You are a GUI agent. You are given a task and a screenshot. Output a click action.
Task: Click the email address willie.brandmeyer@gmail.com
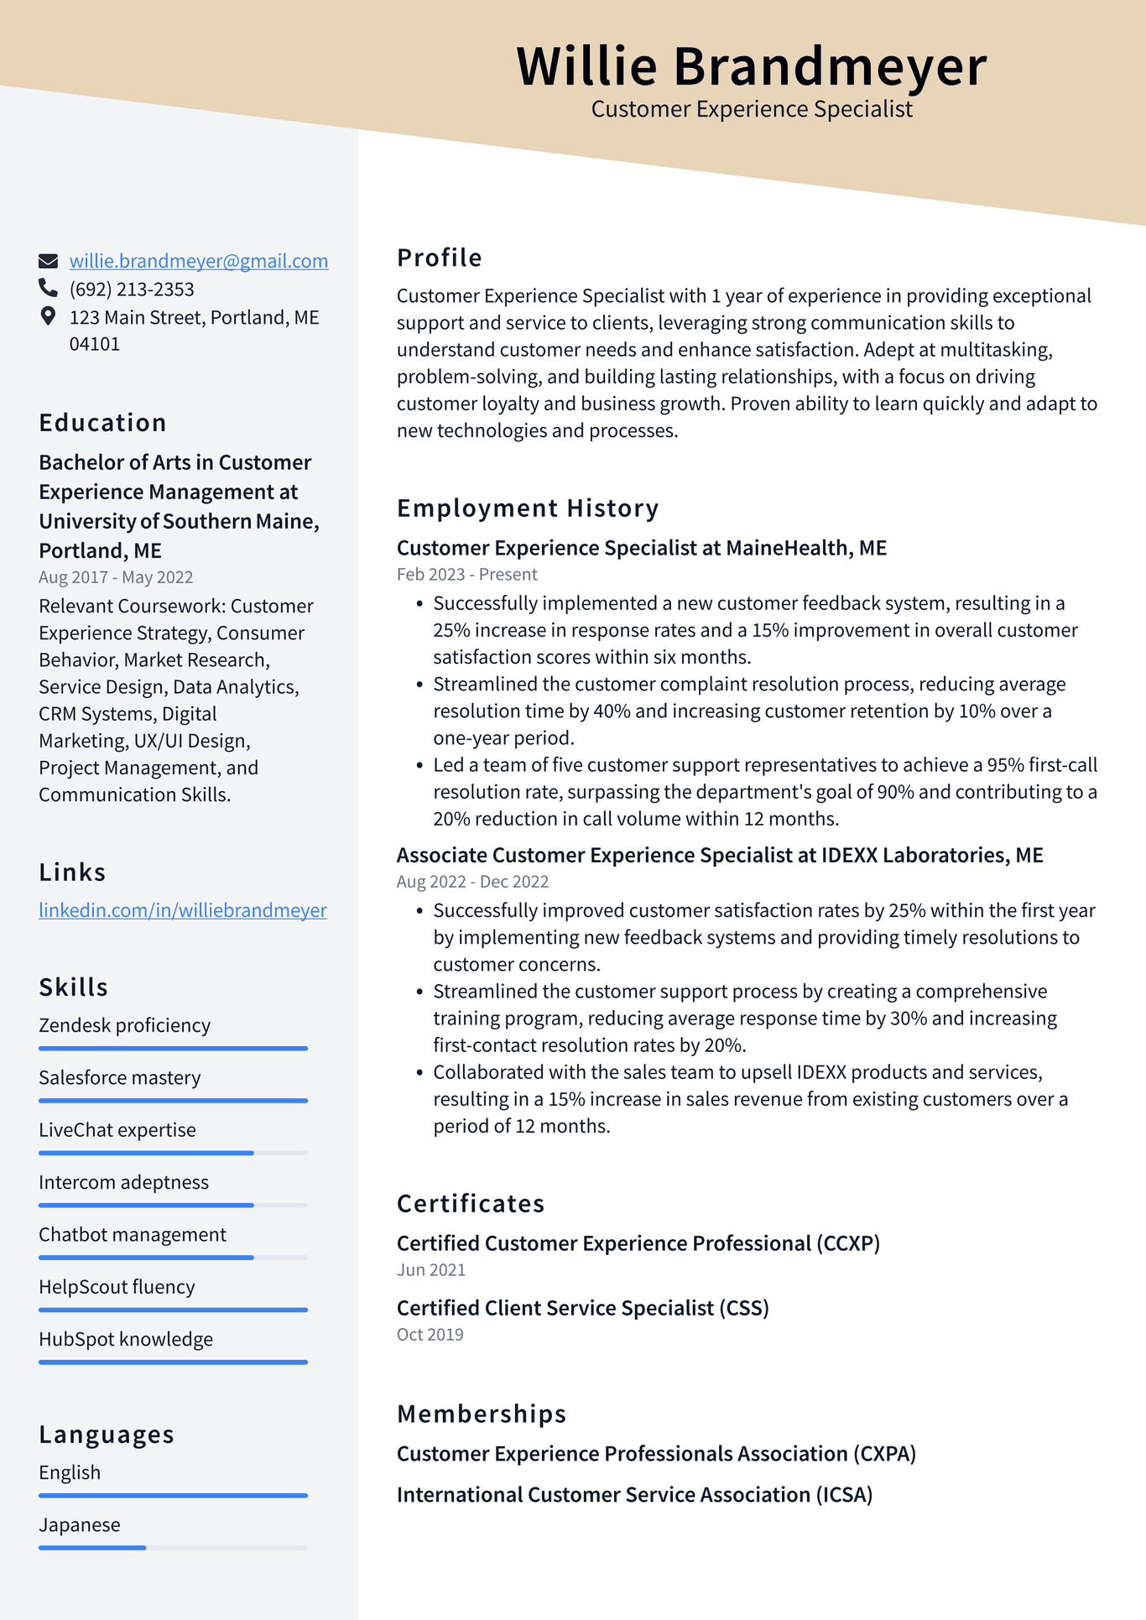click(x=198, y=261)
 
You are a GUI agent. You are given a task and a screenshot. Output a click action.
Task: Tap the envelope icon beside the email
click(x=48, y=261)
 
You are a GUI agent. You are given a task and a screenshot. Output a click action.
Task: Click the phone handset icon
click(x=48, y=289)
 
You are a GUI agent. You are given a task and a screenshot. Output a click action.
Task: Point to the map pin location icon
click(x=48, y=316)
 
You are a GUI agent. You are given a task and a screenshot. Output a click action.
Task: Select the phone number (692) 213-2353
click(x=132, y=289)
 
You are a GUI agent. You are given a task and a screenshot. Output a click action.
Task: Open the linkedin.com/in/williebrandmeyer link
click(x=182, y=910)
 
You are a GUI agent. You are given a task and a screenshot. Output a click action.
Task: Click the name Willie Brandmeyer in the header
click(x=751, y=66)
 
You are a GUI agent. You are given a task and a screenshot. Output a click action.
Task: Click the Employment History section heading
click(x=527, y=508)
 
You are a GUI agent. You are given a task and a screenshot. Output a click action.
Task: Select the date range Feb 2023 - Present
click(x=466, y=575)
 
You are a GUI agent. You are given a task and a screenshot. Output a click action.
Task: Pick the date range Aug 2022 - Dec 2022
click(x=472, y=882)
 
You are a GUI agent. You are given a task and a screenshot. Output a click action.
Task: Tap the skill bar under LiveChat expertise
click(x=173, y=1153)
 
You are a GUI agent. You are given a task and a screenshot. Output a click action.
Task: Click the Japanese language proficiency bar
click(x=173, y=1547)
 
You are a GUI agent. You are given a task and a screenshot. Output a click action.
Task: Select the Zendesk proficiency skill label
click(x=124, y=1025)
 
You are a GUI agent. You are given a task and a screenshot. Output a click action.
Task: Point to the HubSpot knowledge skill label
click(x=126, y=1339)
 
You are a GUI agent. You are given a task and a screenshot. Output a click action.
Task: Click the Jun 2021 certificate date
click(x=430, y=1270)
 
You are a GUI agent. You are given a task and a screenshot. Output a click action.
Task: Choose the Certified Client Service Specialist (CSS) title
click(x=582, y=1308)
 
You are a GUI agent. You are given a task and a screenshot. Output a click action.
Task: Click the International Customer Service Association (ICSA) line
click(x=634, y=1495)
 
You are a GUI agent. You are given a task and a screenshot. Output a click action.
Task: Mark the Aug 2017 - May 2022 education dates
click(x=116, y=577)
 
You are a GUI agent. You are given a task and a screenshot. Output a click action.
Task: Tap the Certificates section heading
click(x=470, y=1204)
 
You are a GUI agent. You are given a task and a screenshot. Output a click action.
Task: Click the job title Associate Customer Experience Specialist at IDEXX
click(x=719, y=855)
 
